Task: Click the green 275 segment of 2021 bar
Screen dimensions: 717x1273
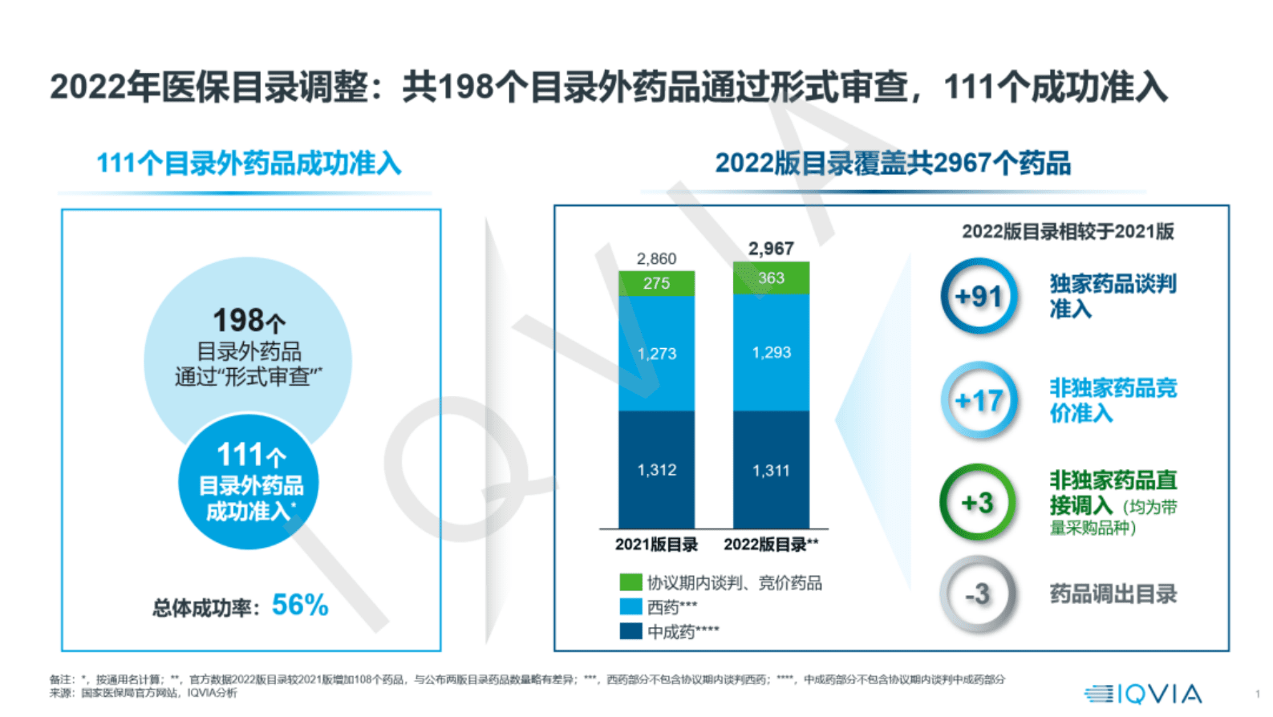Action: click(x=656, y=283)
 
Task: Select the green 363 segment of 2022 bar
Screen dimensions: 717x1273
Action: click(x=771, y=277)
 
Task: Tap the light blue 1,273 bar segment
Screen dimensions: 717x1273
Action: click(x=656, y=354)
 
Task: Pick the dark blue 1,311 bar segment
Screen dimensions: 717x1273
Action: click(x=771, y=470)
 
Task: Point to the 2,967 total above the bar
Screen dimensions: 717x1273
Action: click(x=771, y=249)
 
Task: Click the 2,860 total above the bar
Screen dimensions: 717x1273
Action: click(x=656, y=258)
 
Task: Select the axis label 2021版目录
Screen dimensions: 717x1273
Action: click(x=656, y=545)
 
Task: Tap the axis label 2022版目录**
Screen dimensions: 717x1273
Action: click(x=771, y=545)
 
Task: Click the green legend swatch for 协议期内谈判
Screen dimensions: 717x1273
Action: click(x=630, y=582)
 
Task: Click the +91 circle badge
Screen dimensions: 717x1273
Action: click(x=979, y=297)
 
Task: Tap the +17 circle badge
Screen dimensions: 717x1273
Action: click(x=979, y=400)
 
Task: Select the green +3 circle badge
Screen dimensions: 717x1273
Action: click(x=978, y=503)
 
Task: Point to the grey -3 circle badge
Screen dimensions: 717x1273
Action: click(x=978, y=594)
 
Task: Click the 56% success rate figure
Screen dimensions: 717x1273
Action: click(x=300, y=605)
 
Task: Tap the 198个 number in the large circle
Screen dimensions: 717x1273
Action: click(x=249, y=320)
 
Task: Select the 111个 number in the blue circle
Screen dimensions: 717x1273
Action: click(x=250, y=455)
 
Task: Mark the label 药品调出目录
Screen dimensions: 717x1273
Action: click(x=1113, y=594)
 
